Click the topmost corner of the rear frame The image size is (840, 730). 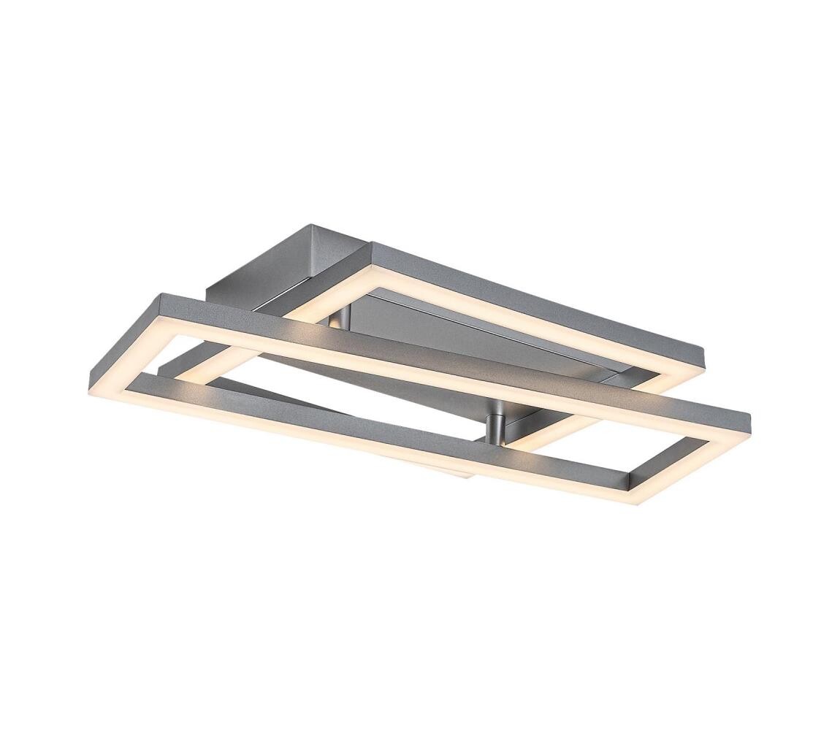click(x=373, y=244)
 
